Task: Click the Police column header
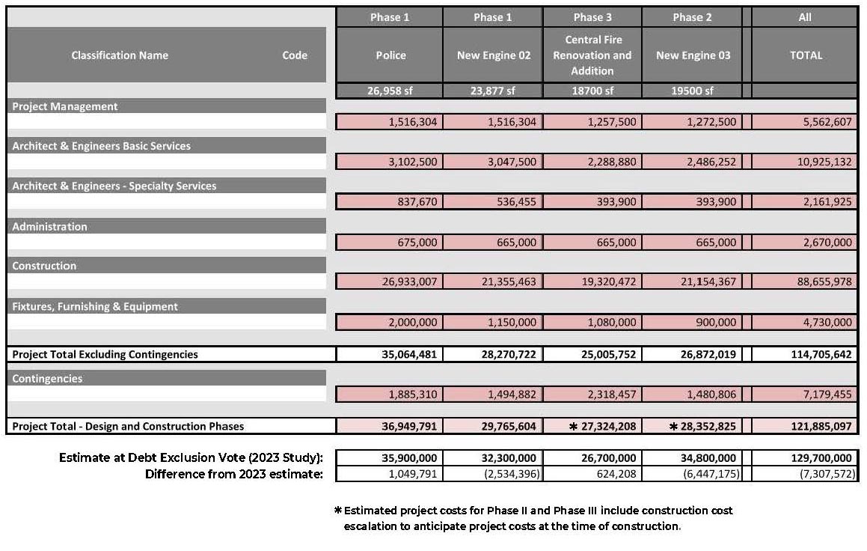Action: click(x=390, y=55)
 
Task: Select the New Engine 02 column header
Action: click(x=493, y=55)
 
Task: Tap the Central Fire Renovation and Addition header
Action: click(x=592, y=55)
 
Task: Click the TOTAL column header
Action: click(x=805, y=55)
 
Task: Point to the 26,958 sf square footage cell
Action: click(x=390, y=91)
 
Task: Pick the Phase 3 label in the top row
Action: click(x=592, y=17)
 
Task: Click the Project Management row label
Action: click(x=65, y=106)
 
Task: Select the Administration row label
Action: click(x=49, y=226)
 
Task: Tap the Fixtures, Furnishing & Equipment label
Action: click(x=95, y=306)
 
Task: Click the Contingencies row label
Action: click(x=47, y=378)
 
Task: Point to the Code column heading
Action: click(x=295, y=55)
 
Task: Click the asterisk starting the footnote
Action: click(x=338, y=511)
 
